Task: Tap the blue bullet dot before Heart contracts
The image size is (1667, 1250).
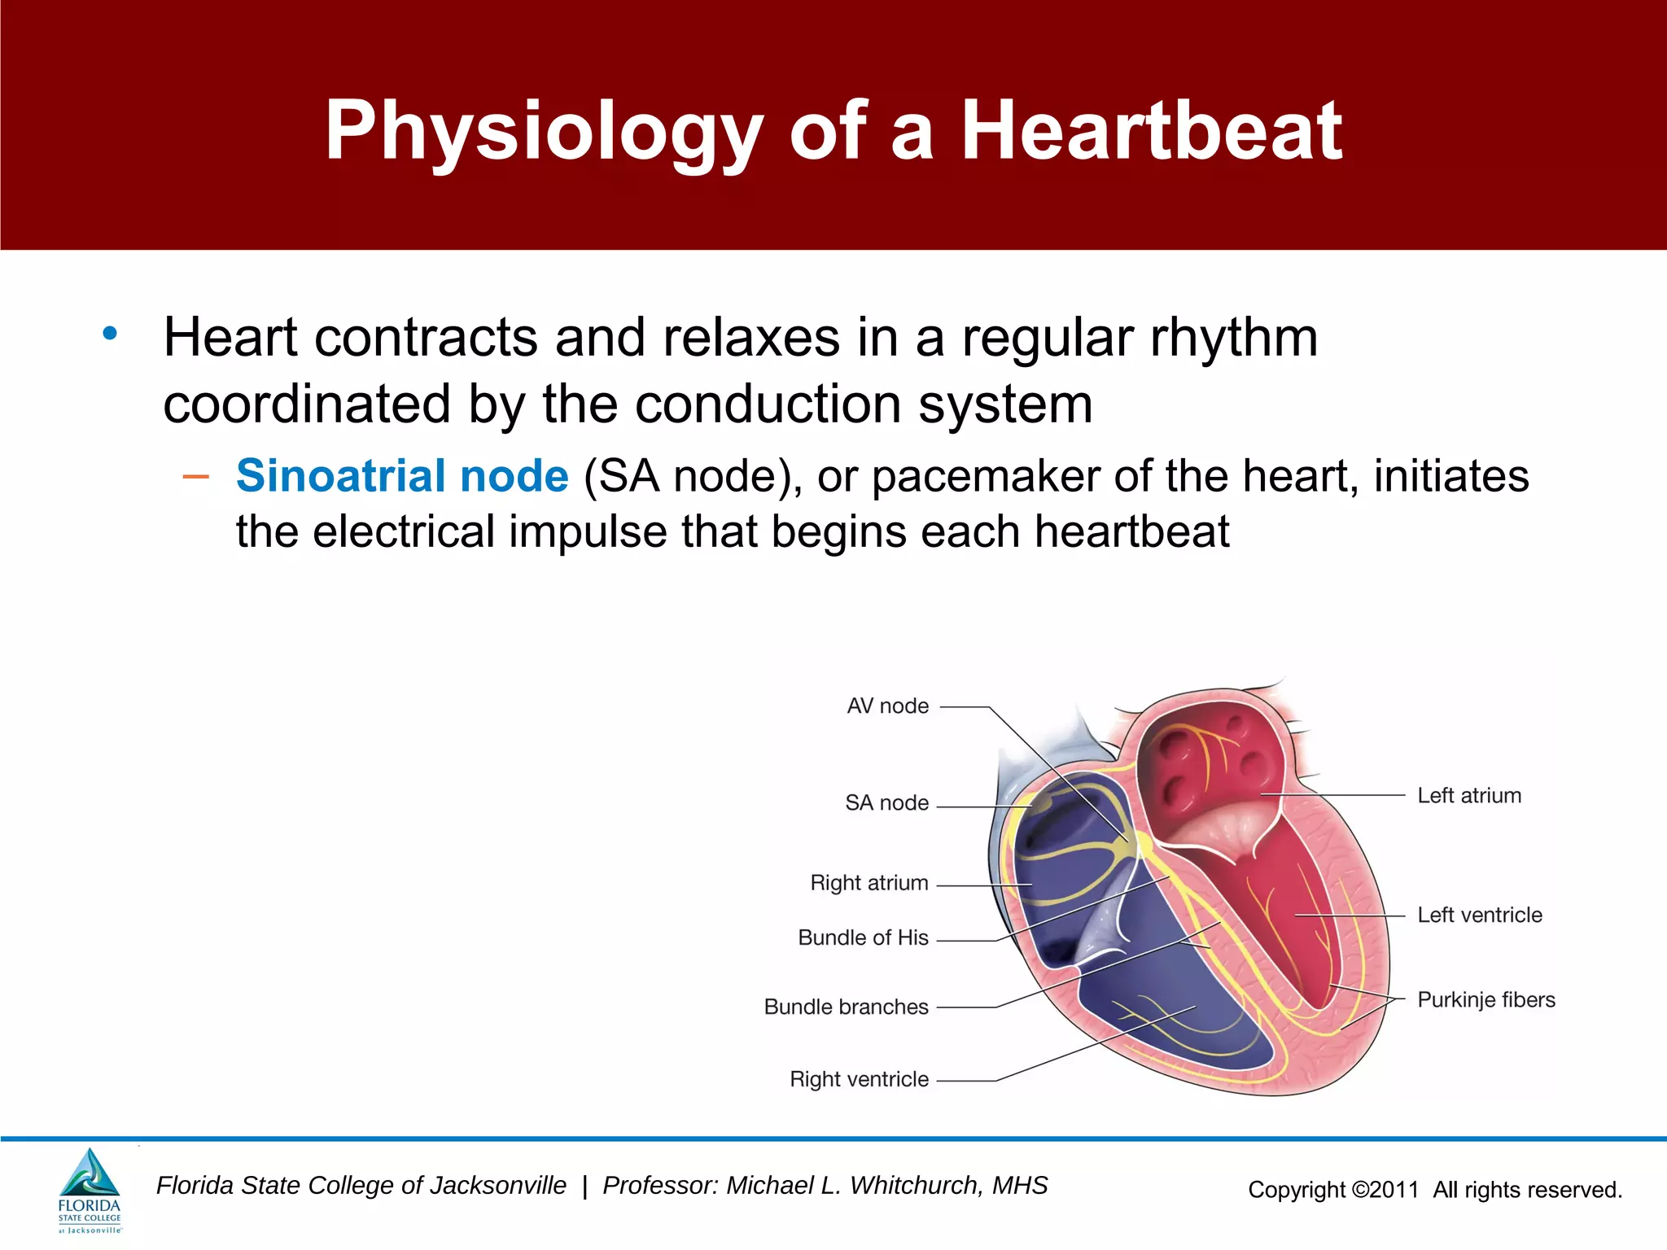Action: coord(110,334)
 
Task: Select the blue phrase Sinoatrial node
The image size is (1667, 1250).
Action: coord(402,476)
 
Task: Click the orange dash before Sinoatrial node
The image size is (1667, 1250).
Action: coord(196,476)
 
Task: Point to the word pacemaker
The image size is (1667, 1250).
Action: coord(986,476)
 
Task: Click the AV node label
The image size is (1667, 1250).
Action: coord(887,706)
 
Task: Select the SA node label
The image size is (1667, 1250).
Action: coord(886,803)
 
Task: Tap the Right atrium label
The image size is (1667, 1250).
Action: coord(869,883)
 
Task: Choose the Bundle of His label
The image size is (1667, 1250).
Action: coord(863,938)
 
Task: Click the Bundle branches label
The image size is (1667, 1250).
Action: coord(846,1007)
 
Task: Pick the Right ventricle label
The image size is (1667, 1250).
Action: coord(859,1080)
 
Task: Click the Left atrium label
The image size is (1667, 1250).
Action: coord(1469,796)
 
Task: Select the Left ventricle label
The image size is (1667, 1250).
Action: coord(1479,916)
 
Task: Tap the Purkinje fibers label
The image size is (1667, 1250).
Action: coord(1485,1000)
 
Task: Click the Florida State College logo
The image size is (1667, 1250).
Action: coord(90,1191)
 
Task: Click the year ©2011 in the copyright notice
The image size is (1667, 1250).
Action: coord(1385,1191)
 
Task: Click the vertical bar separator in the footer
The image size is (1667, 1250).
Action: coord(584,1187)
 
